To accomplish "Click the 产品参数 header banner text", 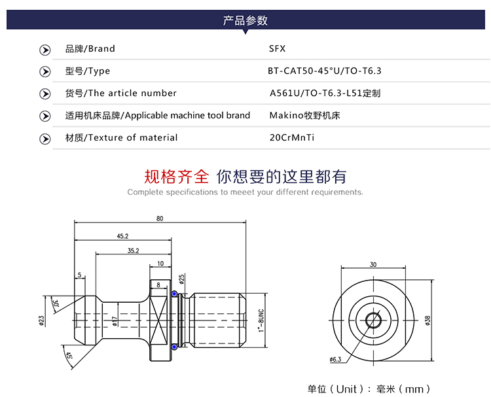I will pyautogui.click(x=245, y=20).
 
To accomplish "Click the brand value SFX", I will pyautogui.click(x=278, y=48).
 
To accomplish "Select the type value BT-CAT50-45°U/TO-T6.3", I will pyautogui.click(x=325, y=71).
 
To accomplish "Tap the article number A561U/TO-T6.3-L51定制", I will pyautogui.click(x=325, y=93).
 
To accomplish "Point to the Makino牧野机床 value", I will pyautogui.click(x=304, y=115).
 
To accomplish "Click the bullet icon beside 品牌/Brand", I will pyautogui.click(x=45, y=49).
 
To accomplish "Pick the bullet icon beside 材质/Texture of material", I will pyautogui.click(x=45, y=138).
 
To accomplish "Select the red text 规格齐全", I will pyautogui.click(x=177, y=176).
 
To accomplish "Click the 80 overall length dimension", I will pyautogui.click(x=160, y=218).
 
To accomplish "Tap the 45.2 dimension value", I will pyautogui.click(x=122, y=235).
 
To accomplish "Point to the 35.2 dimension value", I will pyautogui.click(x=133, y=250).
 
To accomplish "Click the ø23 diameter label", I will pyautogui.click(x=41, y=321).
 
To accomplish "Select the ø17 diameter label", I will pyautogui.click(x=114, y=320).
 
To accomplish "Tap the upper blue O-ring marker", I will pyautogui.click(x=175, y=294).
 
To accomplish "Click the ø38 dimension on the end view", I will pyautogui.click(x=427, y=320).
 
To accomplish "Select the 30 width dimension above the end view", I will pyautogui.click(x=373, y=265).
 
